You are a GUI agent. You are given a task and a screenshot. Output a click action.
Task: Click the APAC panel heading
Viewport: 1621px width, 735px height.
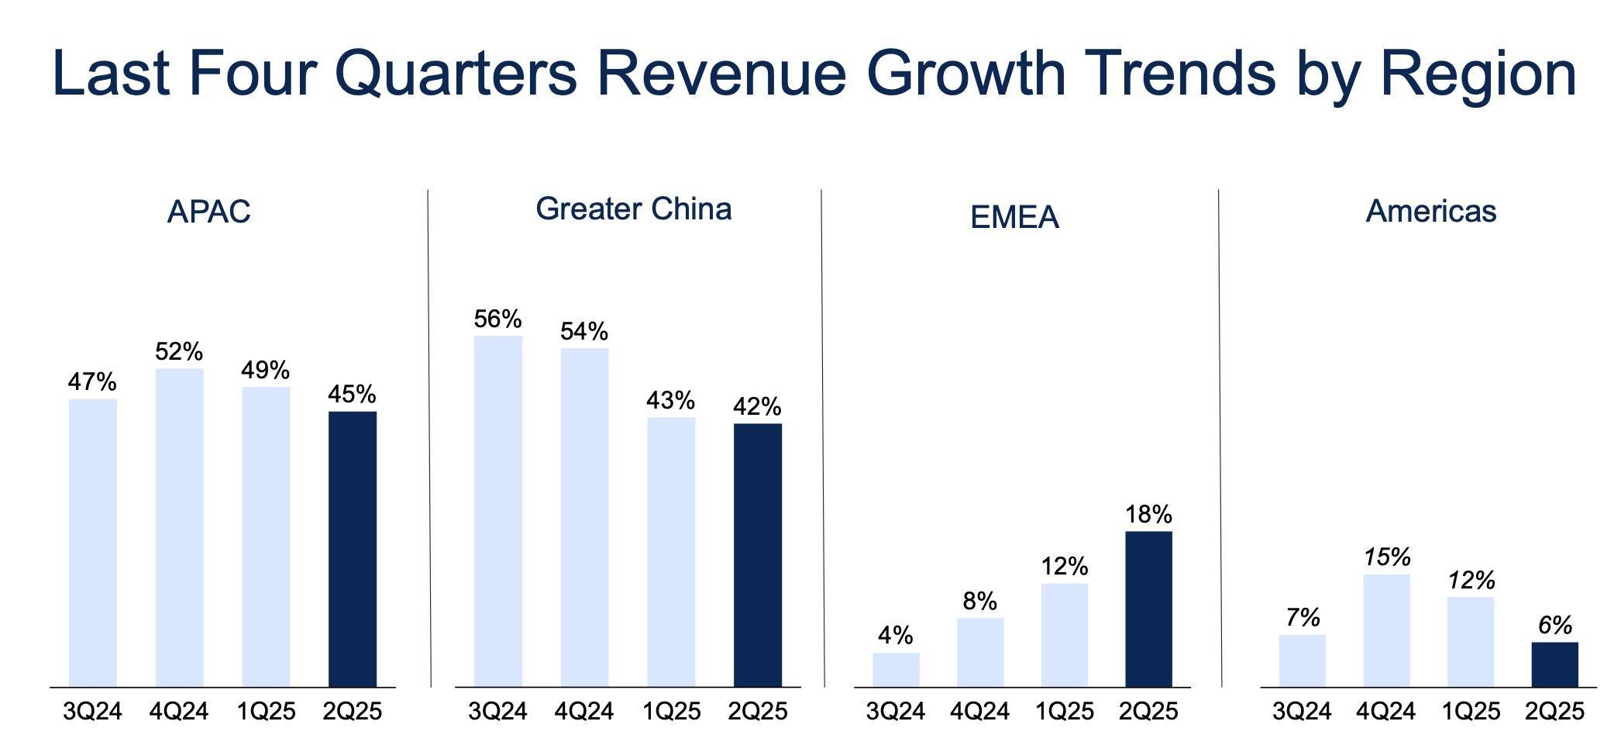[208, 212]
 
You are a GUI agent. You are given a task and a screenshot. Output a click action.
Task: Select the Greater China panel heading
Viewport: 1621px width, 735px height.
[633, 209]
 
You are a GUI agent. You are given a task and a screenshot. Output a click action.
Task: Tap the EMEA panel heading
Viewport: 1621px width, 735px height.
[1014, 217]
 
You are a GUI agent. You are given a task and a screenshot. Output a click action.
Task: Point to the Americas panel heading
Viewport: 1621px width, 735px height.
[1430, 211]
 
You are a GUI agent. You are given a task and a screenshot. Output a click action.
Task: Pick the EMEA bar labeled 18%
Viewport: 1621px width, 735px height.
[1148, 609]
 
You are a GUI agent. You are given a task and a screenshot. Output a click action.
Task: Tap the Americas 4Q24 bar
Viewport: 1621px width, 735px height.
[1386, 630]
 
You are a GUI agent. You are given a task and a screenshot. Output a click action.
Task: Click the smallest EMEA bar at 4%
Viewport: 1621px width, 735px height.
[896, 669]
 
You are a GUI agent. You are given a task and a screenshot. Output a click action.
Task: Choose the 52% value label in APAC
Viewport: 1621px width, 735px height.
[179, 352]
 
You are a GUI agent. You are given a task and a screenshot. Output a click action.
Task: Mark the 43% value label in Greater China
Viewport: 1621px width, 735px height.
[670, 401]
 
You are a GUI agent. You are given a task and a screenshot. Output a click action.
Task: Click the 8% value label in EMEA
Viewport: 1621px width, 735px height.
[979, 601]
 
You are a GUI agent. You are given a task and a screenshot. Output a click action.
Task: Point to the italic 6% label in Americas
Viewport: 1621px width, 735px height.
[1554, 625]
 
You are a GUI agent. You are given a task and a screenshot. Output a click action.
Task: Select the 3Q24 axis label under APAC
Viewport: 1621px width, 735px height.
[92, 711]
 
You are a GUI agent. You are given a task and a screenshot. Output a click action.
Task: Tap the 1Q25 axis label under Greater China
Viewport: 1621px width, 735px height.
[671, 711]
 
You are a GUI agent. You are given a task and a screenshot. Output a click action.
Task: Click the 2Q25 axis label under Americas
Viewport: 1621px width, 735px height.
[1554, 711]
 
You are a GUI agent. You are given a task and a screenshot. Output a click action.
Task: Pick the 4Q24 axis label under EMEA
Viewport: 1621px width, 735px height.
[979, 711]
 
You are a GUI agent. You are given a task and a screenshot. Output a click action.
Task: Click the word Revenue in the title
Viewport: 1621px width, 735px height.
[721, 74]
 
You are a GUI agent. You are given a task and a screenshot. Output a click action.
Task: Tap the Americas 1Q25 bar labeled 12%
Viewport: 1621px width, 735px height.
[1470, 641]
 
